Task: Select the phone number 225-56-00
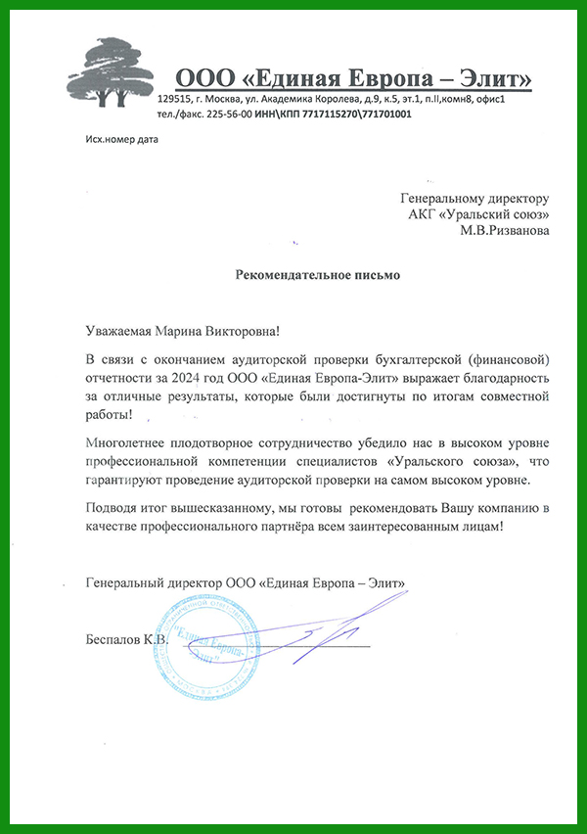(224, 114)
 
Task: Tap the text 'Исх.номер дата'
(121, 139)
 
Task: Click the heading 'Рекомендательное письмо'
(318, 275)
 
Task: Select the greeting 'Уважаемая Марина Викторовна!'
(189, 333)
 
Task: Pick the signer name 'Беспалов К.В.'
(127, 639)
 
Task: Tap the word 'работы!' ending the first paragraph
(110, 416)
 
